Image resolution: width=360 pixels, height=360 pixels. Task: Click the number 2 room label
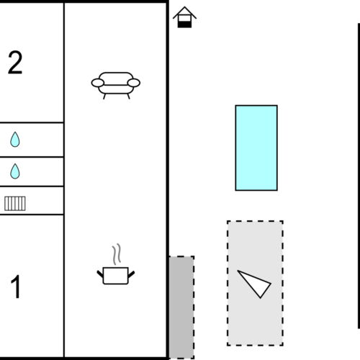pyautogui.click(x=15, y=63)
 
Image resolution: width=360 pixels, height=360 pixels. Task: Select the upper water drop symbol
pyautogui.click(x=15, y=140)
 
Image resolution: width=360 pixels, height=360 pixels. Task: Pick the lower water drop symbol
pyautogui.click(x=15, y=171)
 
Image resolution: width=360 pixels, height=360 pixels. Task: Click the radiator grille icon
pyautogui.click(x=15, y=203)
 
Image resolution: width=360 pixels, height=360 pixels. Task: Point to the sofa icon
pyautogui.click(x=116, y=84)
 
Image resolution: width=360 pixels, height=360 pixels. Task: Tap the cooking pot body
pyautogui.click(x=116, y=276)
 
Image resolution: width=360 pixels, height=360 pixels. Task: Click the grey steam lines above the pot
pyautogui.click(x=116, y=255)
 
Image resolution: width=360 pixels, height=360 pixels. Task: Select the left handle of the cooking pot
pyautogui.click(x=101, y=272)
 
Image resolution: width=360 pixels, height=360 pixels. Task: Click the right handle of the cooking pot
pyautogui.click(x=131, y=272)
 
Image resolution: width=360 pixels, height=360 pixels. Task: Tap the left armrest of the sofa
pyautogui.click(x=97, y=84)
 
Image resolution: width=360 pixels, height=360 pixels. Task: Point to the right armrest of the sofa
pyautogui.click(x=134, y=84)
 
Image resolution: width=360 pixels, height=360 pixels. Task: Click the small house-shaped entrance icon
pyautogui.click(x=185, y=17)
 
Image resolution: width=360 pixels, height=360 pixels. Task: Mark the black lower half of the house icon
pyautogui.click(x=185, y=24)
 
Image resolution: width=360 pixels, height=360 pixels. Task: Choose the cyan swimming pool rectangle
pyautogui.click(x=256, y=148)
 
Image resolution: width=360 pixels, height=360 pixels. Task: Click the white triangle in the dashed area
pyautogui.click(x=253, y=282)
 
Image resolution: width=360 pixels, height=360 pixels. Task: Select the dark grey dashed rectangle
pyautogui.click(x=181, y=307)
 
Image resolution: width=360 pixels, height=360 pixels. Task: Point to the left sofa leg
pyautogui.click(x=105, y=95)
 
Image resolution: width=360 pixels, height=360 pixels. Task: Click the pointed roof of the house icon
pyautogui.click(x=185, y=11)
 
